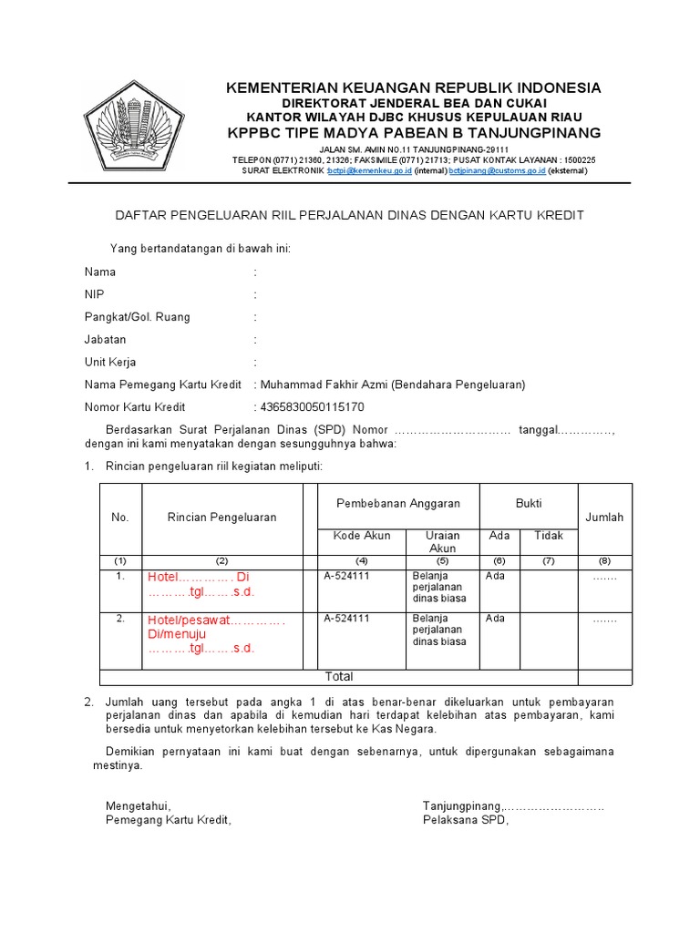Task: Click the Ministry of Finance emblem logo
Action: [x=133, y=129]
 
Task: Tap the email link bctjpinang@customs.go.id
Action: [x=497, y=170]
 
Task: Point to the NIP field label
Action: [x=95, y=294]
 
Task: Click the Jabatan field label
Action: [x=105, y=340]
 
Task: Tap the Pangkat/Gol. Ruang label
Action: [x=137, y=317]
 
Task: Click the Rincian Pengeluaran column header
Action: [x=221, y=518]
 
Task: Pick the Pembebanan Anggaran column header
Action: [x=398, y=504]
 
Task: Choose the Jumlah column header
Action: [x=604, y=518]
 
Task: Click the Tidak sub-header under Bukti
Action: [x=549, y=536]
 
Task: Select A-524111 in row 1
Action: [x=347, y=576]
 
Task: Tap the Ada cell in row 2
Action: [x=496, y=619]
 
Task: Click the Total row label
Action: [x=339, y=677]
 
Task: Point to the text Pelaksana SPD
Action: [x=465, y=819]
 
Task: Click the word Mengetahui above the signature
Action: [x=139, y=806]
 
